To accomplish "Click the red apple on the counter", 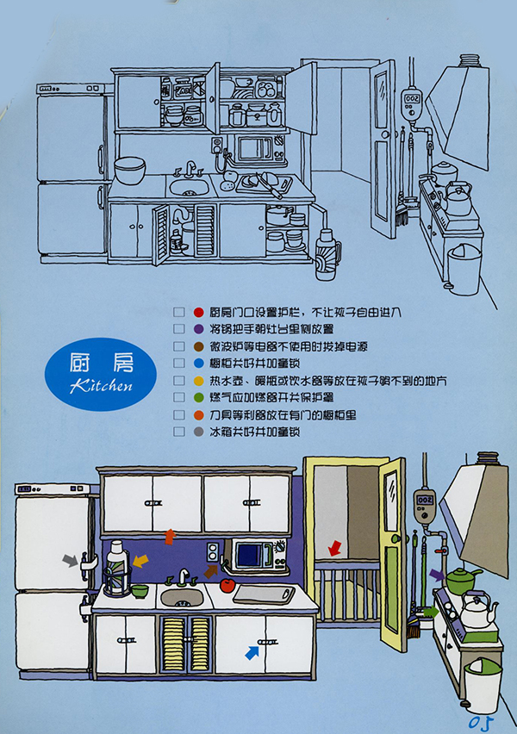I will pos(227,585).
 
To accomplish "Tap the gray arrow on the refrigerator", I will pos(70,560).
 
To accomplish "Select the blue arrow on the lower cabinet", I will pos(252,652).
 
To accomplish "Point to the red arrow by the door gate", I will pos(335,548).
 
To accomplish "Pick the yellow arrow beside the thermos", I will pos(139,561).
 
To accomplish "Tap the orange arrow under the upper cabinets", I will pos(170,535).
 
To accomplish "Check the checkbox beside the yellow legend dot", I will pos(178,380).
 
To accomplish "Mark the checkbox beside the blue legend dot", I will pos(178,363).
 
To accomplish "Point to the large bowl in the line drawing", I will pos(129,170).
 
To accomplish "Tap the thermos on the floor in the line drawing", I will pos(327,250).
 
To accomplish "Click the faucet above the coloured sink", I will pos(184,576).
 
